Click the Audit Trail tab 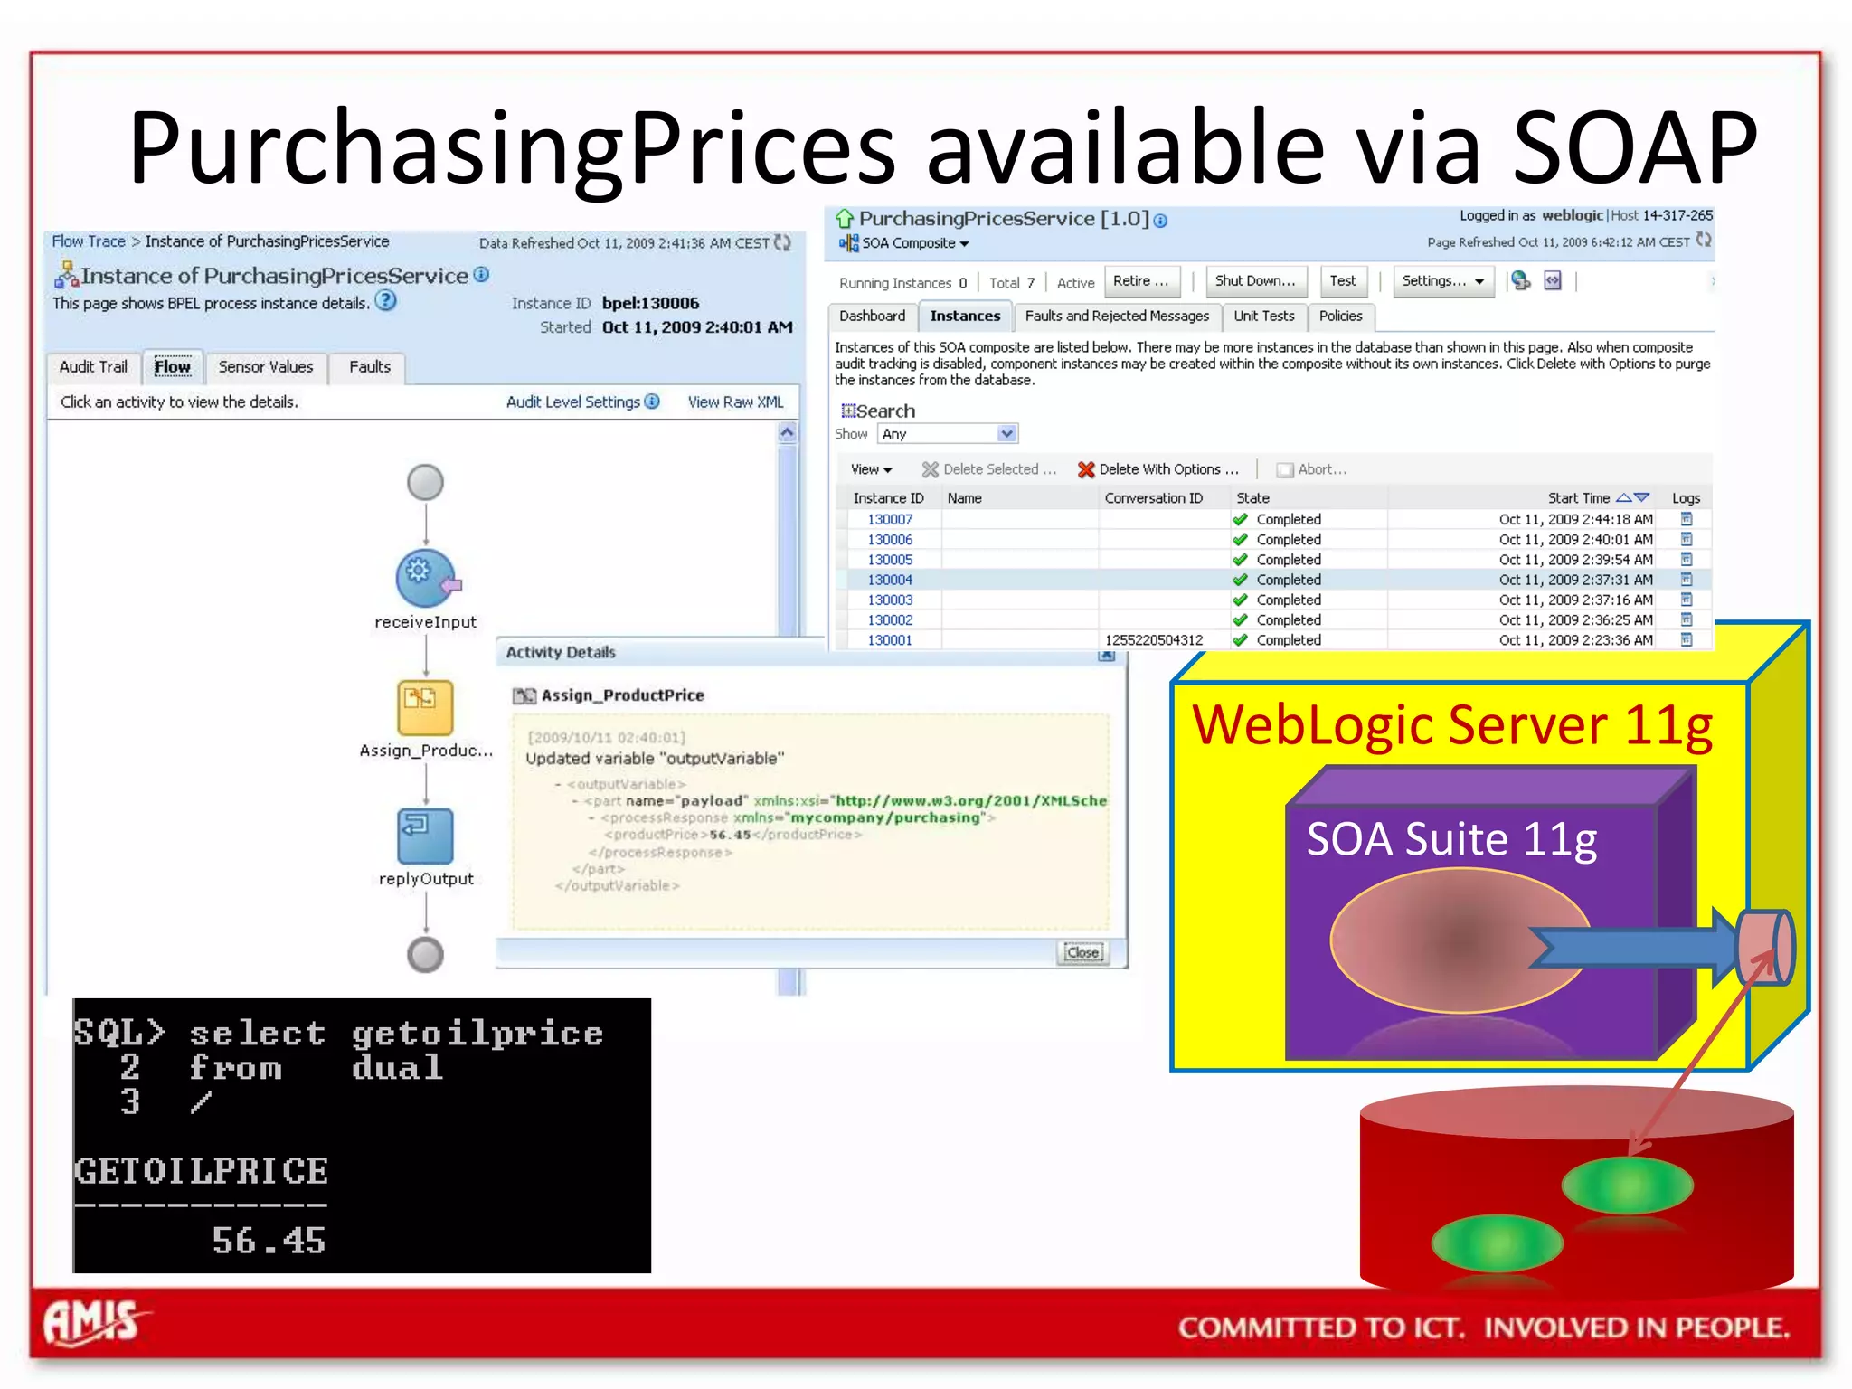coord(93,367)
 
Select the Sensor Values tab coord(265,367)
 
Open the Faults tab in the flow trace coord(369,367)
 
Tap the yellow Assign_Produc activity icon coord(425,707)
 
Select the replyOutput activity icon coord(425,836)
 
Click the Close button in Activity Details coord(1082,952)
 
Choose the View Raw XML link coord(735,402)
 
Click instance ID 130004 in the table coord(890,580)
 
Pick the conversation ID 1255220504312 coord(1154,640)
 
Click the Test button coord(1342,281)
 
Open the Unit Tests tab coord(1263,317)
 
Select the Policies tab coord(1340,317)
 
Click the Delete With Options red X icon coord(1086,469)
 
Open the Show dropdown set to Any coord(948,434)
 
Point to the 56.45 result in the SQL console coord(269,1241)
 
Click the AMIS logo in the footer coord(92,1322)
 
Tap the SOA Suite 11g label coord(1451,840)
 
